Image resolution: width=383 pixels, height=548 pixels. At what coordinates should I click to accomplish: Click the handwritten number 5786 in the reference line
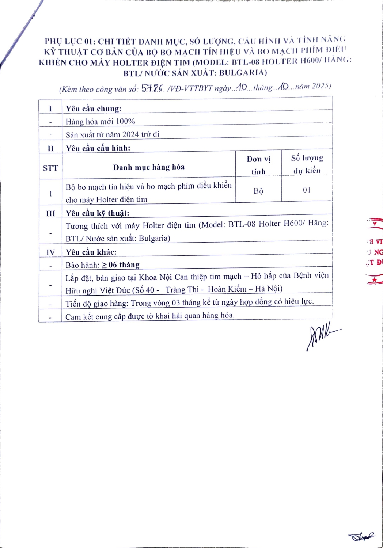[x=153, y=88]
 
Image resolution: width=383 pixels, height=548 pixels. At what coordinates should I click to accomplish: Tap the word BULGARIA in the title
[x=243, y=72]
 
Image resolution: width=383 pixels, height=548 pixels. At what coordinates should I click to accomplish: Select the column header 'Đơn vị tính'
[x=258, y=165]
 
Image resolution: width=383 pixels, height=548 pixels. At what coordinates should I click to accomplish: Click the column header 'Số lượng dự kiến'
[x=307, y=164]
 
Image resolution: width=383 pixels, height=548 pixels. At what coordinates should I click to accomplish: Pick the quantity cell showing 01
[x=307, y=190]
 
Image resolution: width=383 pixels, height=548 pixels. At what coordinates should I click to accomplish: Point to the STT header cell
[x=50, y=168]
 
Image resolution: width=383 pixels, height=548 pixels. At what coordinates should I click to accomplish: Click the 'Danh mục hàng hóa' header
[x=149, y=167]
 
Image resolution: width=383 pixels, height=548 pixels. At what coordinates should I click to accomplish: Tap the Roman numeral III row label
[x=50, y=213]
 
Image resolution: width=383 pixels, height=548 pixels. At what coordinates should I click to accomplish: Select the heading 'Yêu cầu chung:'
[x=94, y=109]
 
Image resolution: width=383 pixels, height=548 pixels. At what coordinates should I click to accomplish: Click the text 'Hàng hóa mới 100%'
[x=100, y=121]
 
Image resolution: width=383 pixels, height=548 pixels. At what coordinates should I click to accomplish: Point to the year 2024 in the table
[x=130, y=134]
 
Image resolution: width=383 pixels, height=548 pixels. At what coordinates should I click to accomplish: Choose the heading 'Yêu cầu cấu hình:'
[x=98, y=148]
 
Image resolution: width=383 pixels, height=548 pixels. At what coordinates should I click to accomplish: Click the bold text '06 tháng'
[x=124, y=265]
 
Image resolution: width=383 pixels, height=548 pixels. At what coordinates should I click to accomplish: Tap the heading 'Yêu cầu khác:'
[x=91, y=252]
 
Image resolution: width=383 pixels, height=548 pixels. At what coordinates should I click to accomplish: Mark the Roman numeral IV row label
[x=50, y=252]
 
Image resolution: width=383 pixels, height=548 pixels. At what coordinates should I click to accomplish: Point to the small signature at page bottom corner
[x=361, y=537]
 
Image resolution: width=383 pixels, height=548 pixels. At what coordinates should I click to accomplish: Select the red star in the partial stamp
[x=374, y=280]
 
